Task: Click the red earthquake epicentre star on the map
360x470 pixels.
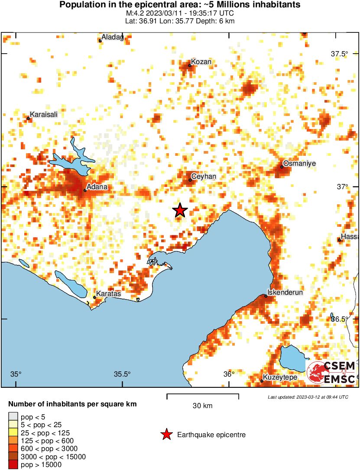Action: click(x=180, y=210)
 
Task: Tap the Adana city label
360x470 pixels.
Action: click(x=97, y=187)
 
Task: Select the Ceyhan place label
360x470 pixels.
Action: click(x=204, y=177)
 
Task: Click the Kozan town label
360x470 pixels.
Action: click(x=201, y=62)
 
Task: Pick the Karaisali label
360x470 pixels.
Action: click(x=44, y=114)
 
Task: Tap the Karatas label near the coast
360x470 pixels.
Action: click(x=108, y=294)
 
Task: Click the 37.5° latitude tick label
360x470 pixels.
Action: click(x=339, y=54)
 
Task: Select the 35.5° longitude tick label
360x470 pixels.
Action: click(x=123, y=374)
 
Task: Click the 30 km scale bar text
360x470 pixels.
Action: click(x=203, y=406)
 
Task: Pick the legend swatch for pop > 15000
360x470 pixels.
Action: click(x=13, y=465)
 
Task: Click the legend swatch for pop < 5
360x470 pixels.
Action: click(x=13, y=417)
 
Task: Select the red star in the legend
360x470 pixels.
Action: click(x=166, y=435)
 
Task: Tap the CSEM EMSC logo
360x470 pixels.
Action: click(x=331, y=372)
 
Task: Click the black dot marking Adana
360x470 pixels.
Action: click(x=85, y=190)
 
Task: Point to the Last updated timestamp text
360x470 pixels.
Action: click(x=308, y=397)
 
